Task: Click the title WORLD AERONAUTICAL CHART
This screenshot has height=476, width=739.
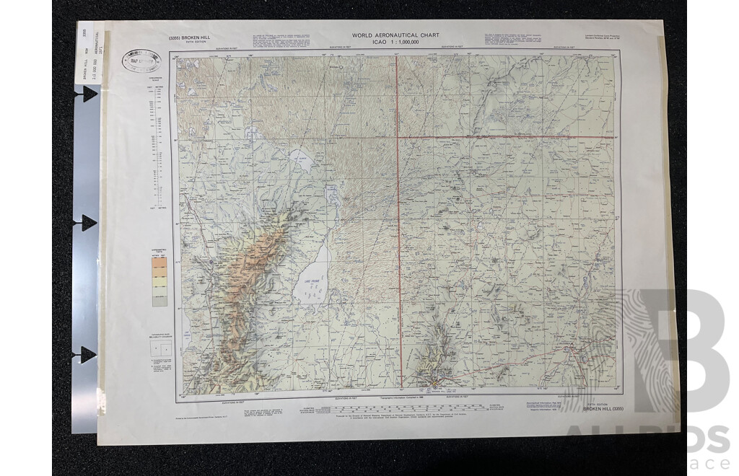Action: tap(395, 35)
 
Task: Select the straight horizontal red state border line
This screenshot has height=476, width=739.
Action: tap(505, 136)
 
